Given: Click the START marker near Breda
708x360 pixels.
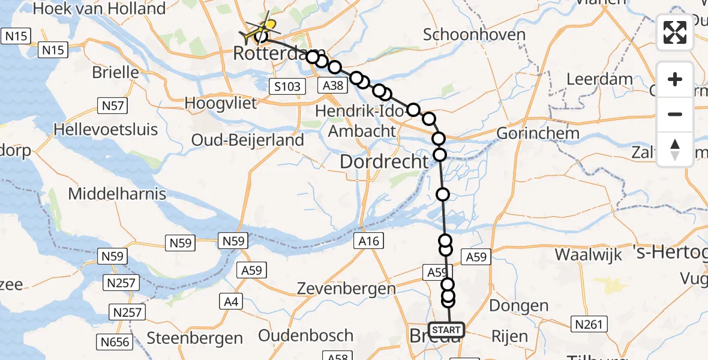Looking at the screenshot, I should [446, 330].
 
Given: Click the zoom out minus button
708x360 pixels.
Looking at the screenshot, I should [675, 114].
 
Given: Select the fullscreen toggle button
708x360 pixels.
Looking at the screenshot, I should [675, 32].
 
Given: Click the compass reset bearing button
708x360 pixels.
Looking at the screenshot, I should [675, 149].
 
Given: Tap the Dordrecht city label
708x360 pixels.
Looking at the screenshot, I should [385, 161].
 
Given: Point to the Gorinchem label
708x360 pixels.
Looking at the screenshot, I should [538, 133].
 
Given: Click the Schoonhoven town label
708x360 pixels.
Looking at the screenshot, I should [474, 34].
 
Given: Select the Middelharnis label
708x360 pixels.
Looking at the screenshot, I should [117, 194].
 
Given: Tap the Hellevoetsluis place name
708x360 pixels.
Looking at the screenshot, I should [106, 129].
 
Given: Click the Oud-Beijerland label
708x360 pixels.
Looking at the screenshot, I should [247, 139].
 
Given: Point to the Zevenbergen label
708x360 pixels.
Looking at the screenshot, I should [346, 289].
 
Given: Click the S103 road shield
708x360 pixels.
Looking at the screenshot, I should [287, 87].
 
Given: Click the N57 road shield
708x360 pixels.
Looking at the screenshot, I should [113, 107].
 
